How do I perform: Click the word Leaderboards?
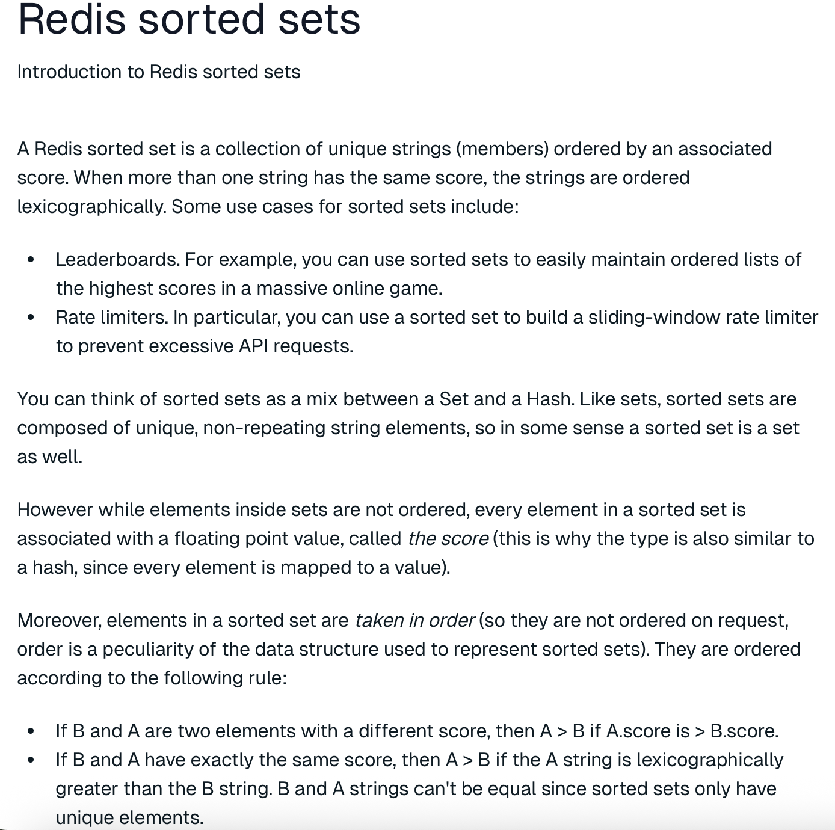click(118, 260)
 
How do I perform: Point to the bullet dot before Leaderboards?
click(31, 260)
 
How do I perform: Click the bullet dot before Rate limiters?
click(31, 318)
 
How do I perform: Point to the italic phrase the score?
click(448, 539)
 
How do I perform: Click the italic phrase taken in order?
click(414, 621)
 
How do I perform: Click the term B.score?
click(744, 731)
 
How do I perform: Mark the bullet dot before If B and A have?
click(31, 760)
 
